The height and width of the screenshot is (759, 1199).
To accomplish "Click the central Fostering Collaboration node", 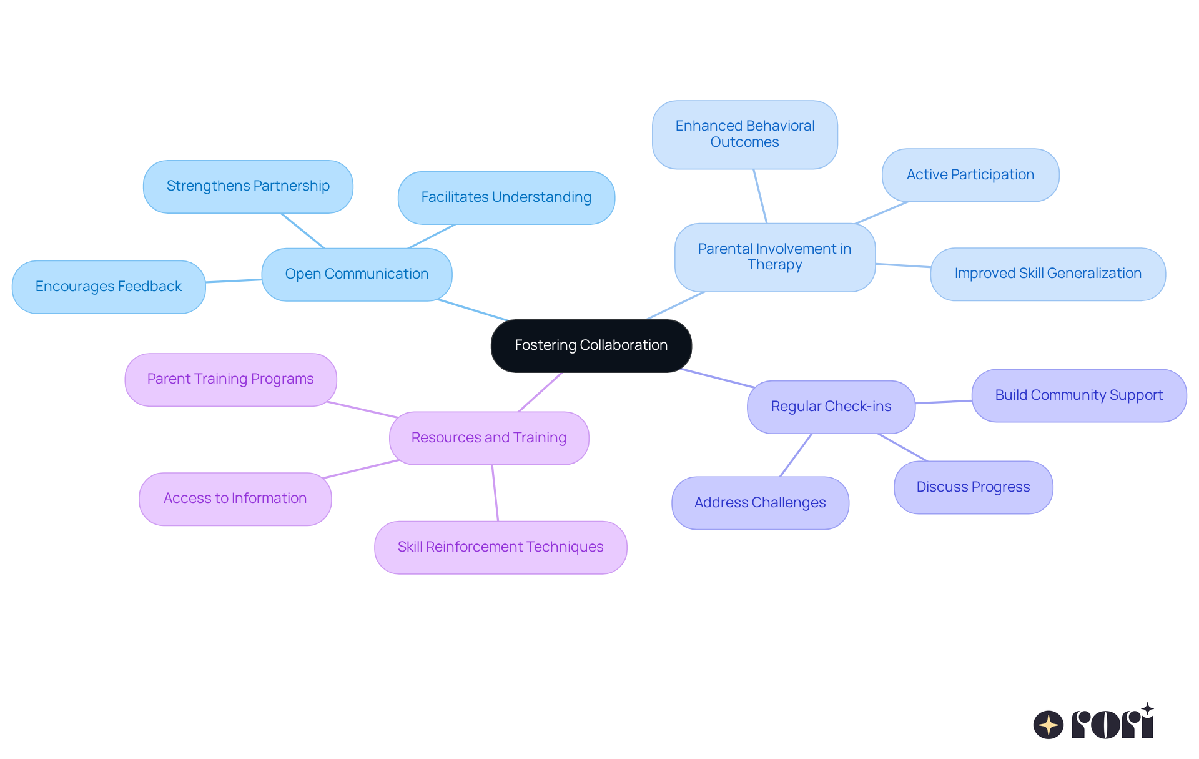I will tap(591, 345).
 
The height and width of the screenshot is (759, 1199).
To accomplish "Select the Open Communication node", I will tap(357, 274).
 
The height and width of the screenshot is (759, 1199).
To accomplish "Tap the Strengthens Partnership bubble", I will tap(248, 186).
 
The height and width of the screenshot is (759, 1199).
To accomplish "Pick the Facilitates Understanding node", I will tap(506, 197).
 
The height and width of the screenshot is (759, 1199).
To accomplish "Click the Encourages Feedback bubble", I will tap(109, 287).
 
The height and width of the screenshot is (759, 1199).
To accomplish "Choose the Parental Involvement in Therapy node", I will tap(774, 257).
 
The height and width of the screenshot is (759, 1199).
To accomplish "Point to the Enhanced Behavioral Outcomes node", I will tap(744, 134).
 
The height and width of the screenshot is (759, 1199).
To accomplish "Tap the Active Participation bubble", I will tap(970, 175).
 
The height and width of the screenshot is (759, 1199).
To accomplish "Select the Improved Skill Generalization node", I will tap(1047, 274).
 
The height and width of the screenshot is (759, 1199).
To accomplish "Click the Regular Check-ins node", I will tap(831, 407).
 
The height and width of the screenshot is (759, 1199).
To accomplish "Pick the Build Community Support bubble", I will tap(1078, 395).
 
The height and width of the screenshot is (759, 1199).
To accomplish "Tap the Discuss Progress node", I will tap(973, 487).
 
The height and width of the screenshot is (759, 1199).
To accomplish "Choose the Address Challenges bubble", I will tap(760, 503).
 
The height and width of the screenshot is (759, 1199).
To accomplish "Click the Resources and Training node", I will tap(488, 438).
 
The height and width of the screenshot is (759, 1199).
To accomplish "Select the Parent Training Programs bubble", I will tap(230, 379).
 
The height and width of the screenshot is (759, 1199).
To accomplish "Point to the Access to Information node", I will tap(235, 499).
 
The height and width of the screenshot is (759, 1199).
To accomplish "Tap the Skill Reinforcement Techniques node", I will tap(500, 547).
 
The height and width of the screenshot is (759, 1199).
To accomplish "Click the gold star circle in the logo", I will tap(1048, 725).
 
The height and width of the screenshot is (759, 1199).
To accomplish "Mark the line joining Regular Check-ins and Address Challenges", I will tap(796, 455).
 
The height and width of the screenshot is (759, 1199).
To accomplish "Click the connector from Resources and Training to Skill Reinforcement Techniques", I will tap(495, 493).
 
